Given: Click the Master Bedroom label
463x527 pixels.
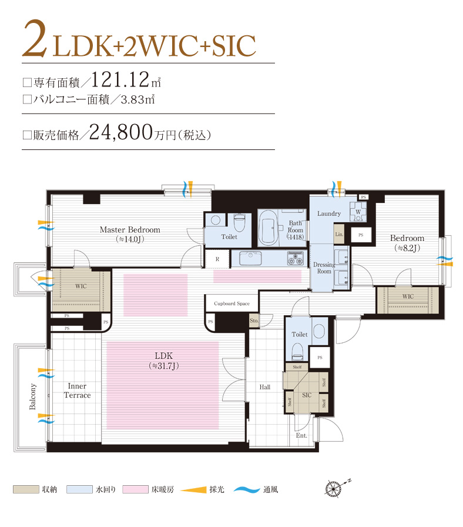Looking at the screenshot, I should click(x=129, y=230).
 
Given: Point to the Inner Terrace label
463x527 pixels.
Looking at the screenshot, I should click(x=77, y=391).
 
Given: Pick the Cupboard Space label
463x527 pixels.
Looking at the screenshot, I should click(x=231, y=303).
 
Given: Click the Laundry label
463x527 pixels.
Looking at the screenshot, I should click(x=329, y=214).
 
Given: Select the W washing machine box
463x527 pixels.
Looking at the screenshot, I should click(x=358, y=211).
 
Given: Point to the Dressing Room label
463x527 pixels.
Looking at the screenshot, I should click(x=324, y=268).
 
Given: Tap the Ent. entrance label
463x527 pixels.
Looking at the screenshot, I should click(x=301, y=436).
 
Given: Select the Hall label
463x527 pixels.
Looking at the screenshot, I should click(x=264, y=387).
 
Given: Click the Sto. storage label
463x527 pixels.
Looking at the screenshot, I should click(x=254, y=321).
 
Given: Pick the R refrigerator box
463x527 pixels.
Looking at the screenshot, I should click(x=217, y=258).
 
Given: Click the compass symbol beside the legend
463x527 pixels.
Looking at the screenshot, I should click(x=333, y=489).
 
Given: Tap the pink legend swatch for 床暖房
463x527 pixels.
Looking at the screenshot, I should click(x=135, y=489).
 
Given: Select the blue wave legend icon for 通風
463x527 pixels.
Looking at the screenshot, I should click(x=247, y=489).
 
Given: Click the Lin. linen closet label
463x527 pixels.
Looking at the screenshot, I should click(x=338, y=234).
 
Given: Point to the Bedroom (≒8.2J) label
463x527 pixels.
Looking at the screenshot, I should click(x=407, y=242).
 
